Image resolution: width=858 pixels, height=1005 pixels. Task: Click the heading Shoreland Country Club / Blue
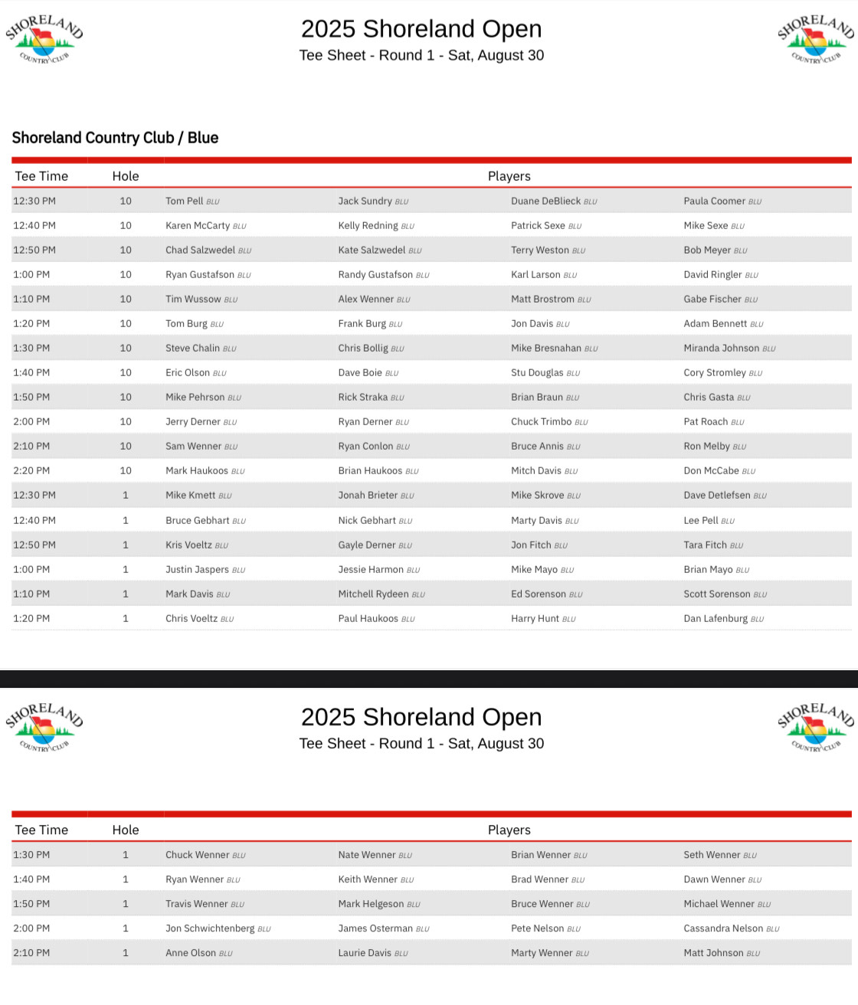[115, 138]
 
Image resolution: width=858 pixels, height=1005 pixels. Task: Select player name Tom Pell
[185, 201]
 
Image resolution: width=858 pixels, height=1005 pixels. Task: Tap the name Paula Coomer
[715, 201]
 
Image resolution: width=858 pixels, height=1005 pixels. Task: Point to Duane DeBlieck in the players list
[545, 201]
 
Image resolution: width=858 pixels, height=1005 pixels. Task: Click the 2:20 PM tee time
[31, 471]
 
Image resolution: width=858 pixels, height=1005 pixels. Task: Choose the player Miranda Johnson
[721, 349]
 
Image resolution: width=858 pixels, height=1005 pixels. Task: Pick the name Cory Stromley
[715, 373]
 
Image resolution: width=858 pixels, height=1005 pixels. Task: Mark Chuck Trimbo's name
[541, 422]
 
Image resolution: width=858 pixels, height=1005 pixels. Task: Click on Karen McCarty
[198, 226]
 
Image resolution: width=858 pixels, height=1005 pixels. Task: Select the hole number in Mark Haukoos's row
[126, 471]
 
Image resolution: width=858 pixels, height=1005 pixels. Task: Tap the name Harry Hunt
[535, 619]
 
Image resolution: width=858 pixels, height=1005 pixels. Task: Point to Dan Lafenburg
[716, 619]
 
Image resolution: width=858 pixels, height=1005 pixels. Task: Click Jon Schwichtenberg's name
[210, 928]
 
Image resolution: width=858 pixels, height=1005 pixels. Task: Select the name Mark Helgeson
[372, 904]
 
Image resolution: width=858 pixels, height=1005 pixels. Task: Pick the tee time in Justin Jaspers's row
[31, 570]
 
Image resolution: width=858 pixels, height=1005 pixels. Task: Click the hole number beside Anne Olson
[126, 953]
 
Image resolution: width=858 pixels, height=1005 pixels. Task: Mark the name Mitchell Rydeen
[373, 594]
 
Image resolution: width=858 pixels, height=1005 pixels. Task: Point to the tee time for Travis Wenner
[31, 904]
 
